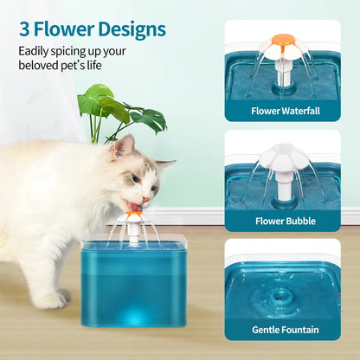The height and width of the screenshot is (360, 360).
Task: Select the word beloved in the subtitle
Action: [42, 65]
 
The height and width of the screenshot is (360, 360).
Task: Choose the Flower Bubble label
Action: [282, 220]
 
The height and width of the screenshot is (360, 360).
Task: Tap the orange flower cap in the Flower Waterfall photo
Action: [283, 39]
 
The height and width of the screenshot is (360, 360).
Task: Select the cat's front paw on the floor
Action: [52, 299]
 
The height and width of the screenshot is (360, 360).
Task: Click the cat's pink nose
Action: [148, 198]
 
